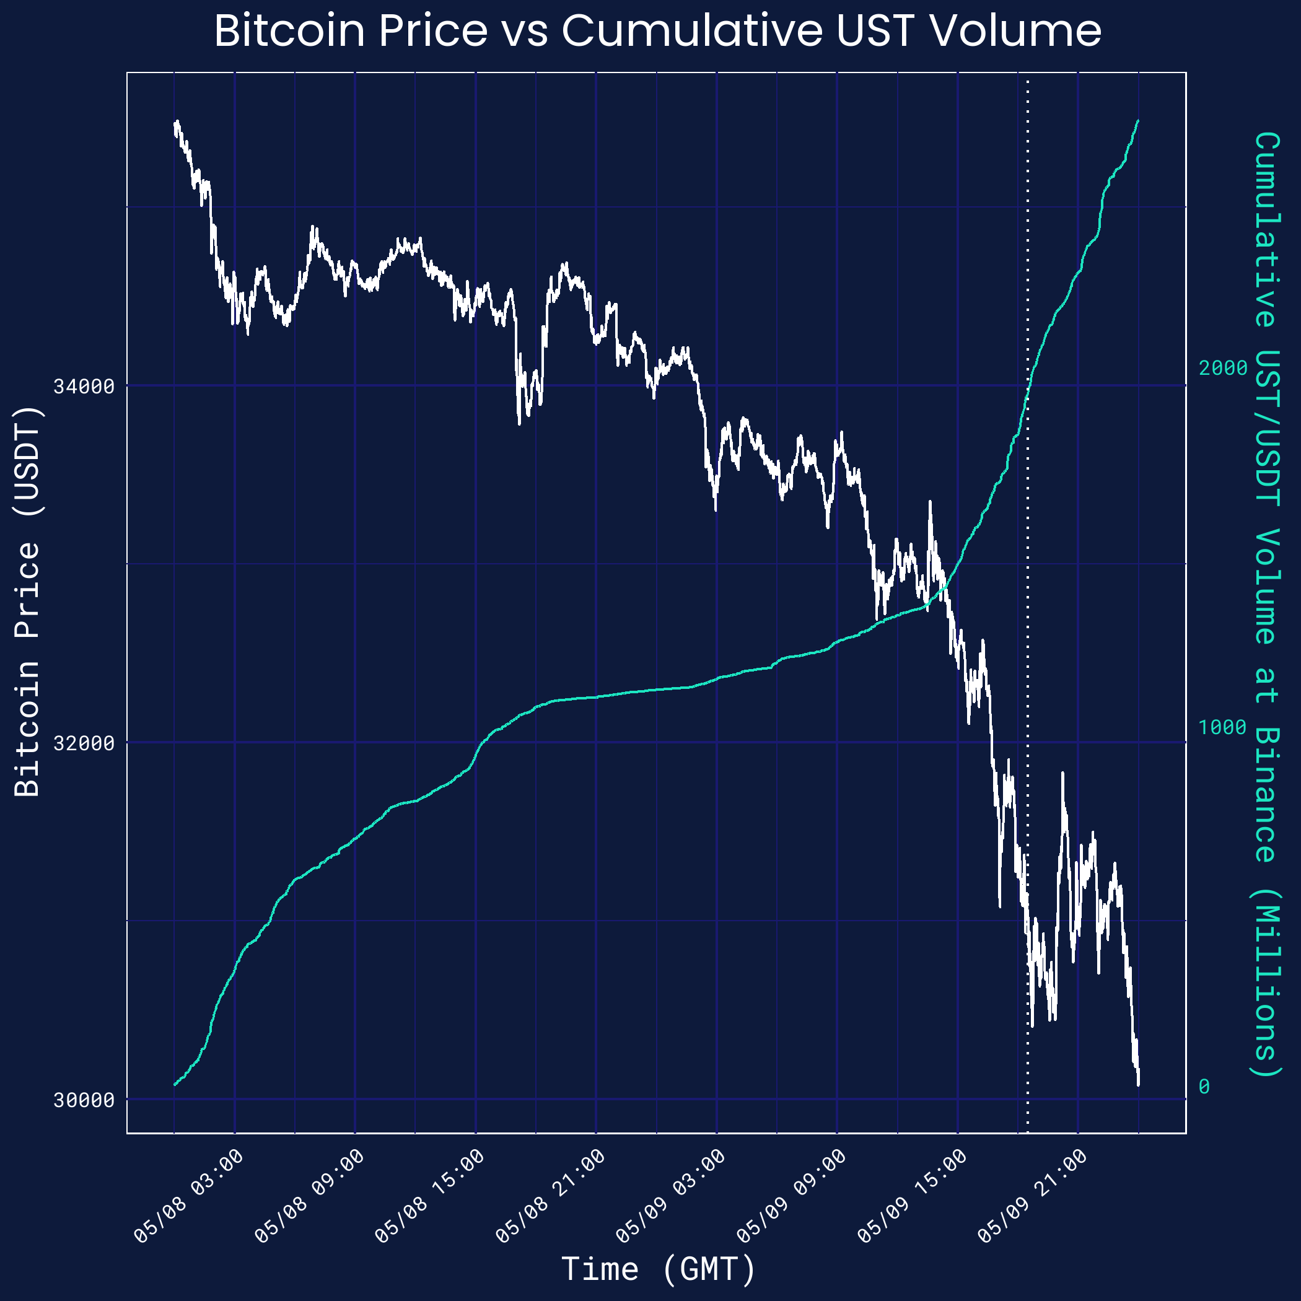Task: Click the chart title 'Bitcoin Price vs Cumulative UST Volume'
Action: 657,31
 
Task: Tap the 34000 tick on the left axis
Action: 84,387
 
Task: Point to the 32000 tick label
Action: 84,743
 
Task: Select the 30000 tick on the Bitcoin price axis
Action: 84,1100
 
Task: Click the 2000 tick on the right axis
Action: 1223,369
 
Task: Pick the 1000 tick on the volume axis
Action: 1223,727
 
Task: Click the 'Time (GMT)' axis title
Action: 659,1269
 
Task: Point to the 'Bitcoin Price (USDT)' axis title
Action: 28,601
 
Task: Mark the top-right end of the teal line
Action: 1138,121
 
